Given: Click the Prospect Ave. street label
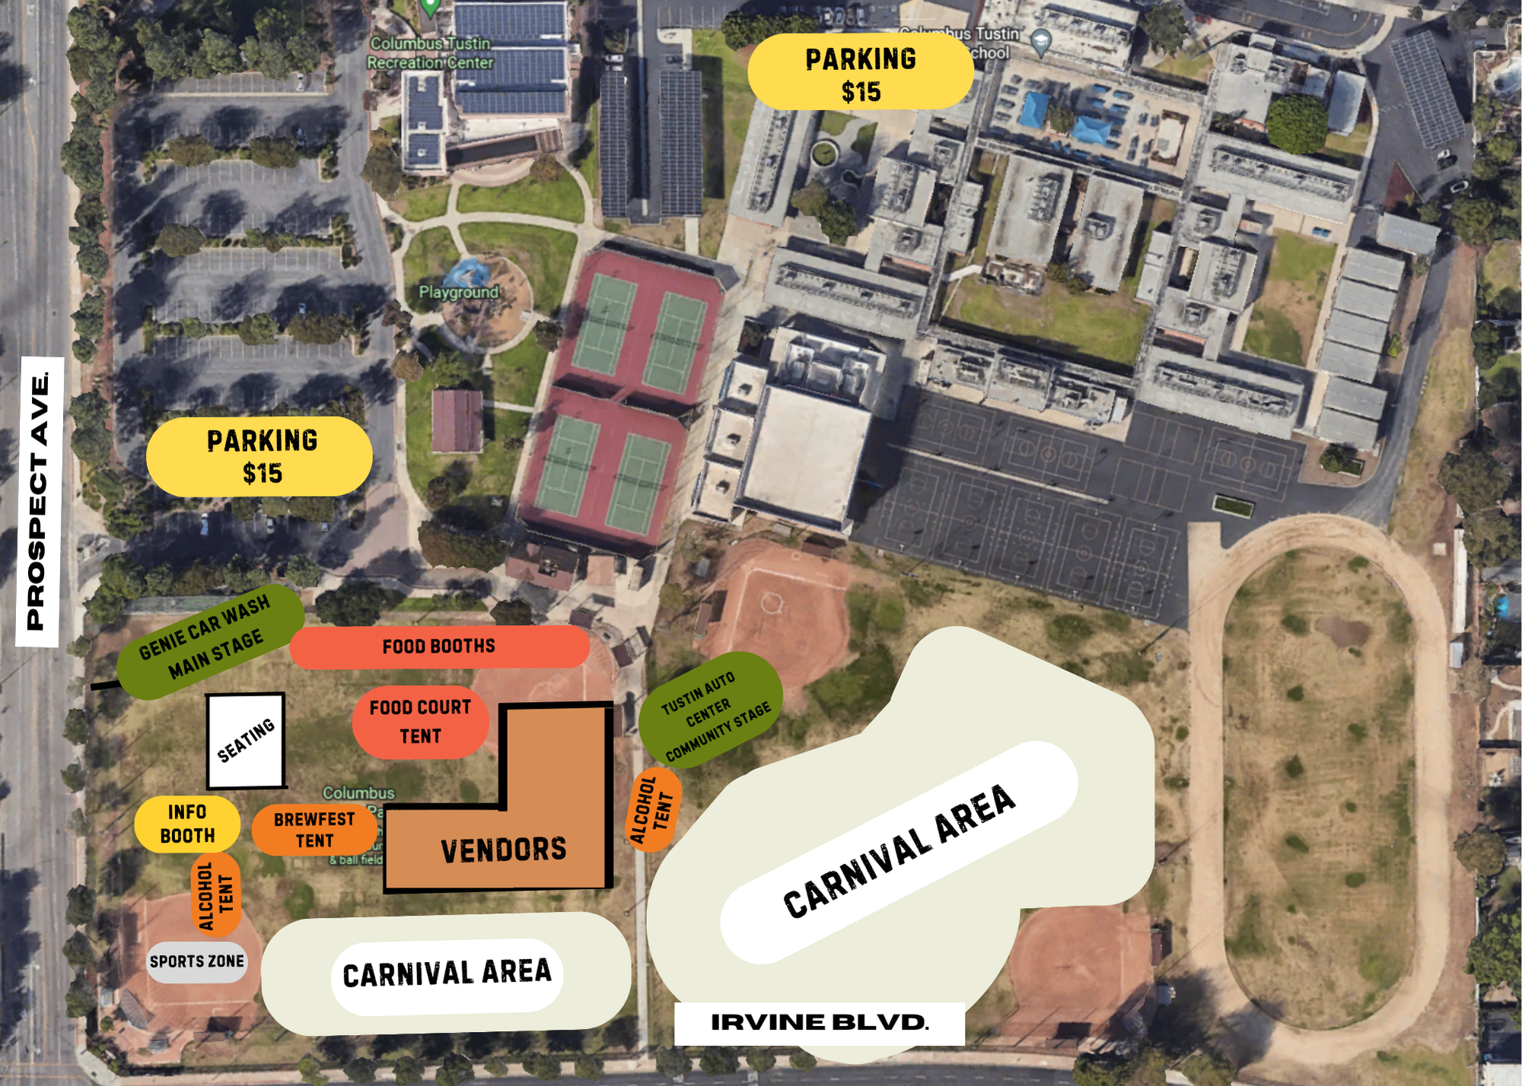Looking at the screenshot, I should coord(39,502).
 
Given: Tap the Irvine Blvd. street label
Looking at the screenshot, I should coord(819,1022).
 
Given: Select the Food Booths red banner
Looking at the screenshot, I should coord(439,646).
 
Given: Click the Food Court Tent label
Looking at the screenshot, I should coord(420,722).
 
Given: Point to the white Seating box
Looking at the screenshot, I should coord(246,740).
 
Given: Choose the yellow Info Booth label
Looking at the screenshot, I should coord(187,824).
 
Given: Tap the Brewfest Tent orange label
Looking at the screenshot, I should coord(314,830).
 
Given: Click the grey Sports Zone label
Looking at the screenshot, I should coord(197,961).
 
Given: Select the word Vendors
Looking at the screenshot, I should coord(504,850).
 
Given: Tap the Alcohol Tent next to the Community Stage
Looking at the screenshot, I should coord(653,809).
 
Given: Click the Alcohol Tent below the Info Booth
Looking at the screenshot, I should coord(215,894).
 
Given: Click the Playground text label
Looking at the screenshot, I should coord(459,292).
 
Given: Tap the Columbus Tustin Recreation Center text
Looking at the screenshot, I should coord(431,53).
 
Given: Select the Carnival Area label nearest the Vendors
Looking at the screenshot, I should coord(447,974).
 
